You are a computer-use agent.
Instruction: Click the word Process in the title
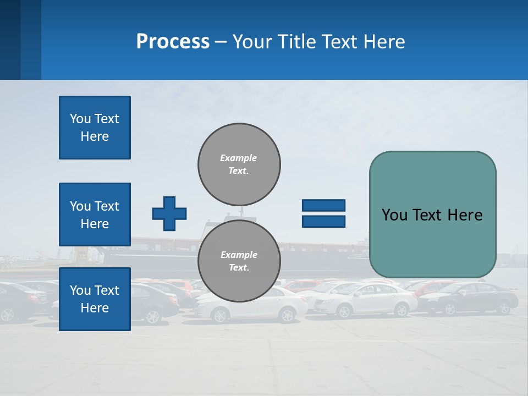pyautogui.click(x=173, y=42)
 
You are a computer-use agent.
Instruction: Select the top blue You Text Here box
pyautogui.click(x=95, y=128)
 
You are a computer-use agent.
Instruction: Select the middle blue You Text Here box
pyautogui.click(x=95, y=215)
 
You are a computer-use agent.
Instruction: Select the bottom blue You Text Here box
pyautogui.click(x=95, y=299)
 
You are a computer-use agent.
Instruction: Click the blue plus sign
pyautogui.click(x=169, y=213)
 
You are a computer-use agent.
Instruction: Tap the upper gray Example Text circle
pyautogui.click(x=239, y=164)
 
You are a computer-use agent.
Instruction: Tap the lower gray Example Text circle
pyautogui.click(x=239, y=261)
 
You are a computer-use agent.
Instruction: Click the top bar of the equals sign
pyautogui.click(x=323, y=205)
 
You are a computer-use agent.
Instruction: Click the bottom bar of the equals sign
pyautogui.click(x=323, y=221)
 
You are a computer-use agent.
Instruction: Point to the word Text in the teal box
pyautogui.click(x=428, y=215)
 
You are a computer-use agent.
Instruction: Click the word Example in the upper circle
pyautogui.click(x=238, y=158)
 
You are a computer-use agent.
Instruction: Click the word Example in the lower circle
pyautogui.click(x=238, y=255)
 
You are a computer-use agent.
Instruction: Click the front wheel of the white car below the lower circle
pyautogui.click(x=221, y=315)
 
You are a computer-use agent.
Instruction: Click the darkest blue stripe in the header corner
pyautogui.click(x=10, y=40)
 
